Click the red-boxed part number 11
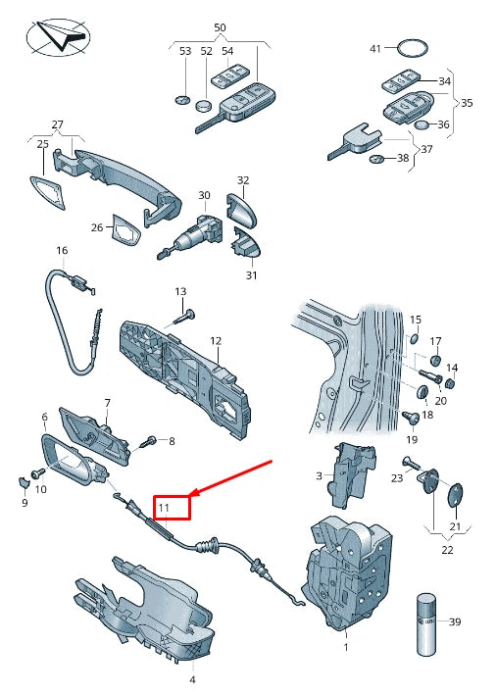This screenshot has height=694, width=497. (165, 508)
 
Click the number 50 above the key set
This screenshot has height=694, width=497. (219, 27)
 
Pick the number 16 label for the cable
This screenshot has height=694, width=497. (62, 251)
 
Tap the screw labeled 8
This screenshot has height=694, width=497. (150, 443)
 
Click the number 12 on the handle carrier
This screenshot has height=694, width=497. (215, 341)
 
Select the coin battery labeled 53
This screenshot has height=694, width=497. (182, 99)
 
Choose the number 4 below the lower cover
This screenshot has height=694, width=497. (192, 678)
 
